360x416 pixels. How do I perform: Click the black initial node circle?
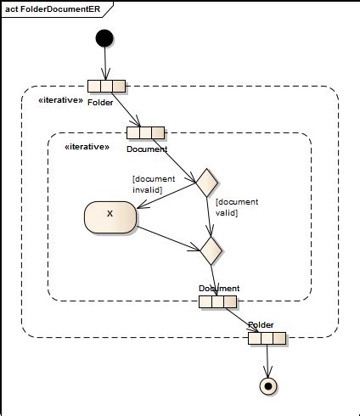click(104, 38)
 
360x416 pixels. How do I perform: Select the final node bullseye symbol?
click(268, 385)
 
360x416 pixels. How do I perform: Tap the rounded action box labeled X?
click(110, 217)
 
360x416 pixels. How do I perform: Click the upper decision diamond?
click(207, 183)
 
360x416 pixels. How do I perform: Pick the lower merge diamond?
click(211, 250)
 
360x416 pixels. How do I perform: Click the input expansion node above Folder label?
click(106, 86)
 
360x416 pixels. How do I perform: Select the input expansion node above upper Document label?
click(145, 132)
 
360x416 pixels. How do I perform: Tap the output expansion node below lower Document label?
click(217, 301)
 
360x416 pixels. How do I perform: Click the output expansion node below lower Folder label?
click(267, 339)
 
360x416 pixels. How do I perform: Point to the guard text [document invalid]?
click(154, 184)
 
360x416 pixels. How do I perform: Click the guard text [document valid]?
click(237, 207)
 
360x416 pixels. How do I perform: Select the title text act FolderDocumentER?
click(53, 9)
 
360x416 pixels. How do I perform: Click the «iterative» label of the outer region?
click(61, 100)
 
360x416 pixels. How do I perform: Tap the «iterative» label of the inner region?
click(87, 147)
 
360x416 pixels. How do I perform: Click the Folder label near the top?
click(100, 103)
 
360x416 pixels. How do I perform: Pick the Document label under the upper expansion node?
click(147, 149)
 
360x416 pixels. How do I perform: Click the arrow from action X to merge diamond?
click(168, 239)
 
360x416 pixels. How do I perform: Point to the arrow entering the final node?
click(267, 361)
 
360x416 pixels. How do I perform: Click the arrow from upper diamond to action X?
click(166, 196)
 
